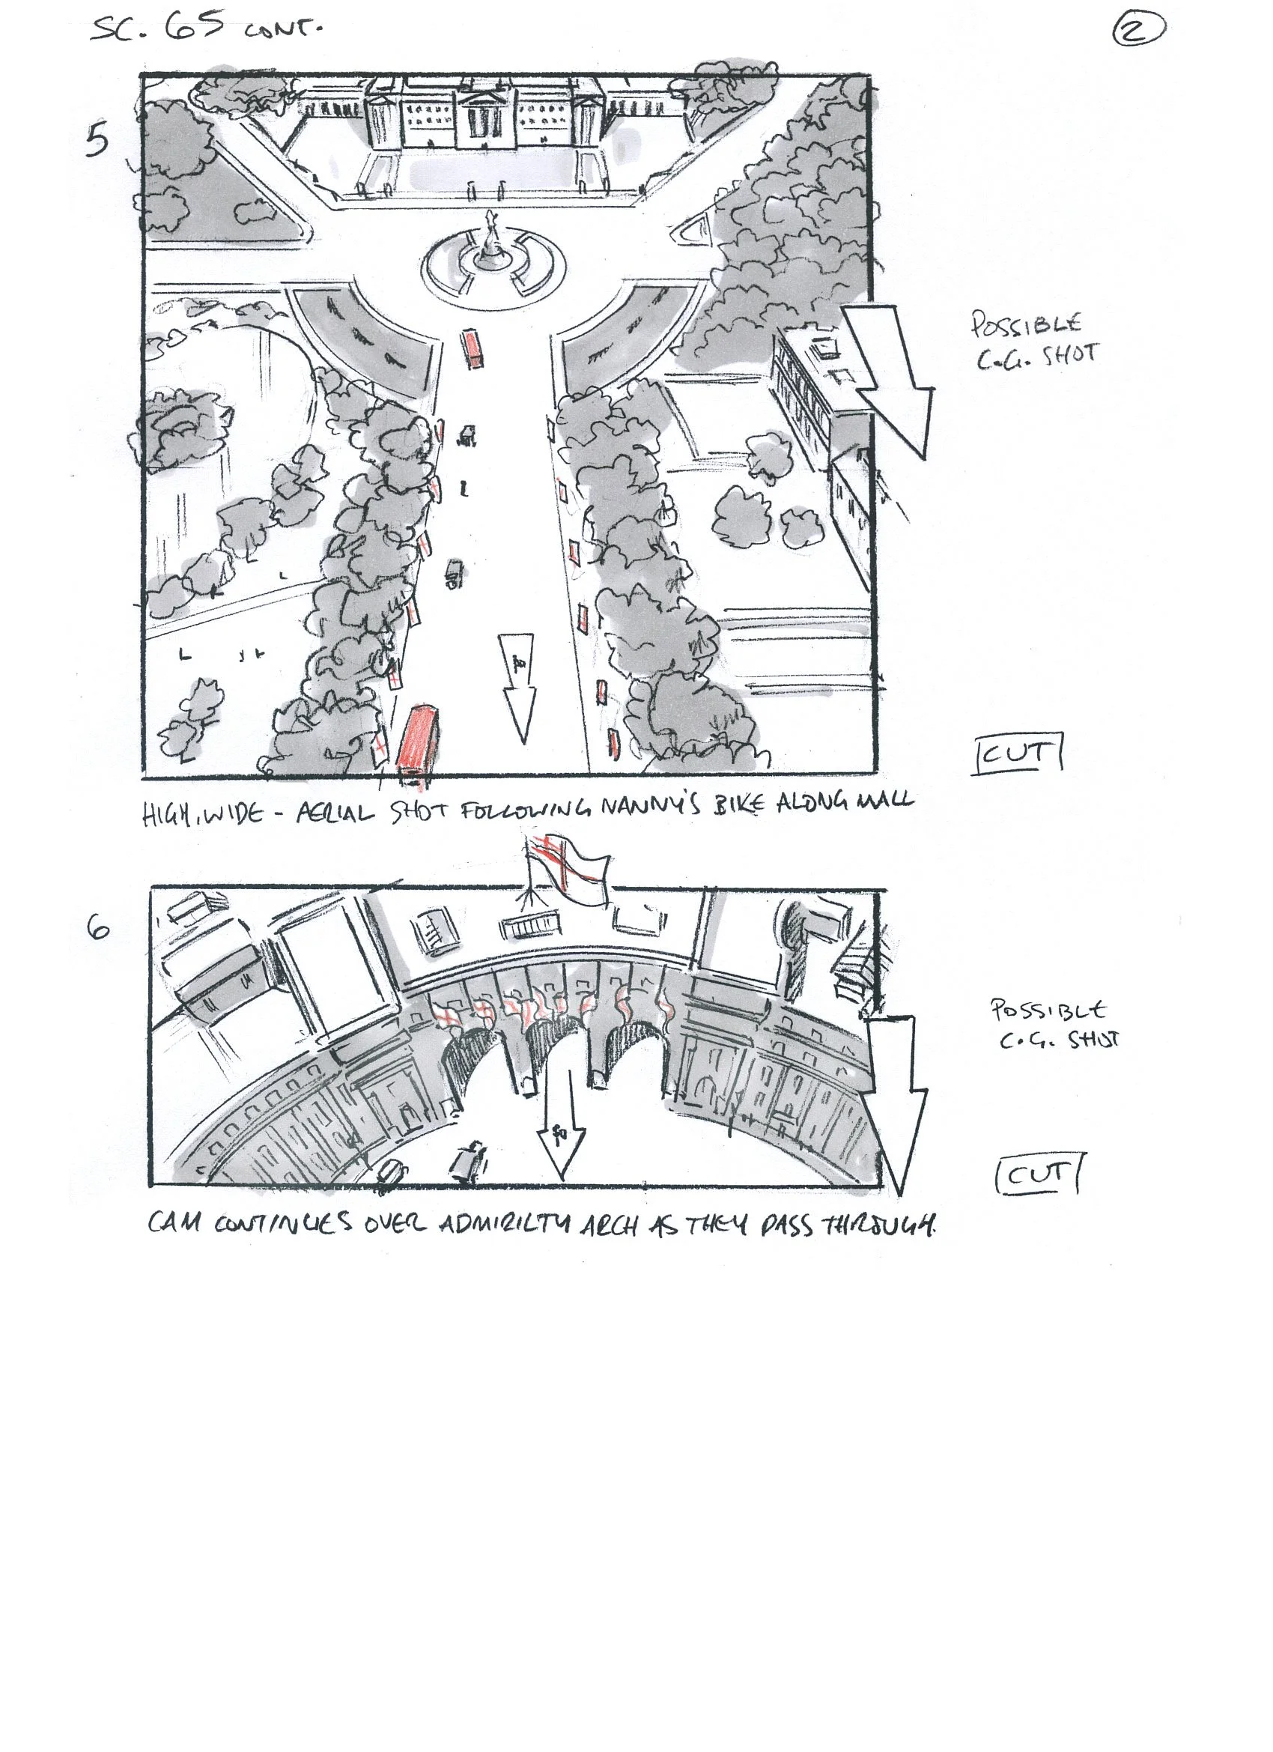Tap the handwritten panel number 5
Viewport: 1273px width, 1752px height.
[97, 142]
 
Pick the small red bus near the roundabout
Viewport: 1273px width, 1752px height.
[473, 349]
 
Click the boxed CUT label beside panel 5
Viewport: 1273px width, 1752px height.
[1018, 754]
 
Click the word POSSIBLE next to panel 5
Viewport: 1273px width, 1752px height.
[1026, 324]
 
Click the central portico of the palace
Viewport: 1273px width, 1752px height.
[486, 116]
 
